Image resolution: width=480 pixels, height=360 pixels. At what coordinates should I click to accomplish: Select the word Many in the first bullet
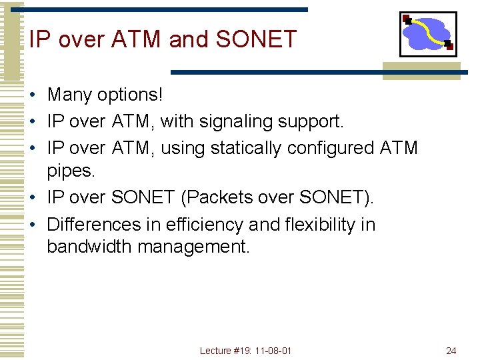coord(70,95)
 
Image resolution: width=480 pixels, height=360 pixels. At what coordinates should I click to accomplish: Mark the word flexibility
coord(323,225)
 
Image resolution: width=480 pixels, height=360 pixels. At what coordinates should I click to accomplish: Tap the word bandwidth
coord(89,247)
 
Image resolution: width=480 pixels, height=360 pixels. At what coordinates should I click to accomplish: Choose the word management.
coord(193,247)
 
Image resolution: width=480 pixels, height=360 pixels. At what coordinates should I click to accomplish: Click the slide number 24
coord(451,351)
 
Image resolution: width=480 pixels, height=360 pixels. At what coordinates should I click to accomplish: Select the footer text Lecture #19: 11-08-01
coord(245,351)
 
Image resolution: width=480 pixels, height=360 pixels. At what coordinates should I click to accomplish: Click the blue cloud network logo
coord(427,34)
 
